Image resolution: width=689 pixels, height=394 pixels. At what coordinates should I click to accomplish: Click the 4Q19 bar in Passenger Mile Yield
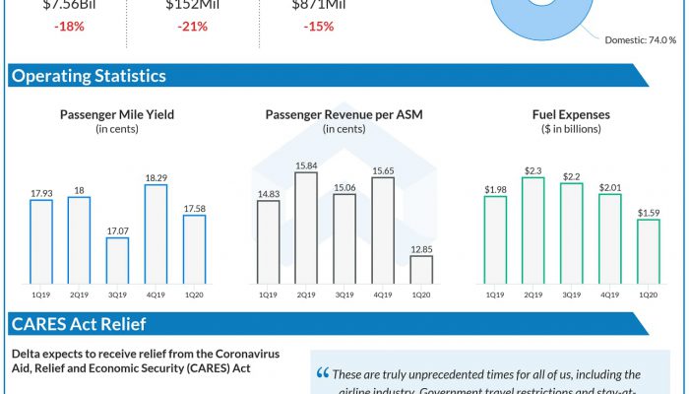156,233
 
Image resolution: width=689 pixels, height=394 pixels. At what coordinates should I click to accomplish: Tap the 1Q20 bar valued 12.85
420,270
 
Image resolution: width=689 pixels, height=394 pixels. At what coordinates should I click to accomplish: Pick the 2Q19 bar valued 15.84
306,228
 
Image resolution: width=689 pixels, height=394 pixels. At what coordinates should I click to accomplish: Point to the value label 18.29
156,177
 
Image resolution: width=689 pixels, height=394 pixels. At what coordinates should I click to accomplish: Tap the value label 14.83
268,194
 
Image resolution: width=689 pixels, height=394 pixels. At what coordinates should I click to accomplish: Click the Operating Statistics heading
89,76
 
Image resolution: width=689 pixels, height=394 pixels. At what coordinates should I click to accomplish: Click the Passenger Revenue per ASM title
344,114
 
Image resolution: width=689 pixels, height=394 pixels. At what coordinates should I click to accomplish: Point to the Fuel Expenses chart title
571,114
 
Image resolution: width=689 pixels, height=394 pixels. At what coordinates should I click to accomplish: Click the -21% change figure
192,27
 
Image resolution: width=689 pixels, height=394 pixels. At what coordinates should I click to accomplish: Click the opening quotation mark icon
323,375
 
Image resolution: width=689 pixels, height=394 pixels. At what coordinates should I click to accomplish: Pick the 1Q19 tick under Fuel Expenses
495,295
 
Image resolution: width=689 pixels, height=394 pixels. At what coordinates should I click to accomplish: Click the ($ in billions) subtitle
571,129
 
